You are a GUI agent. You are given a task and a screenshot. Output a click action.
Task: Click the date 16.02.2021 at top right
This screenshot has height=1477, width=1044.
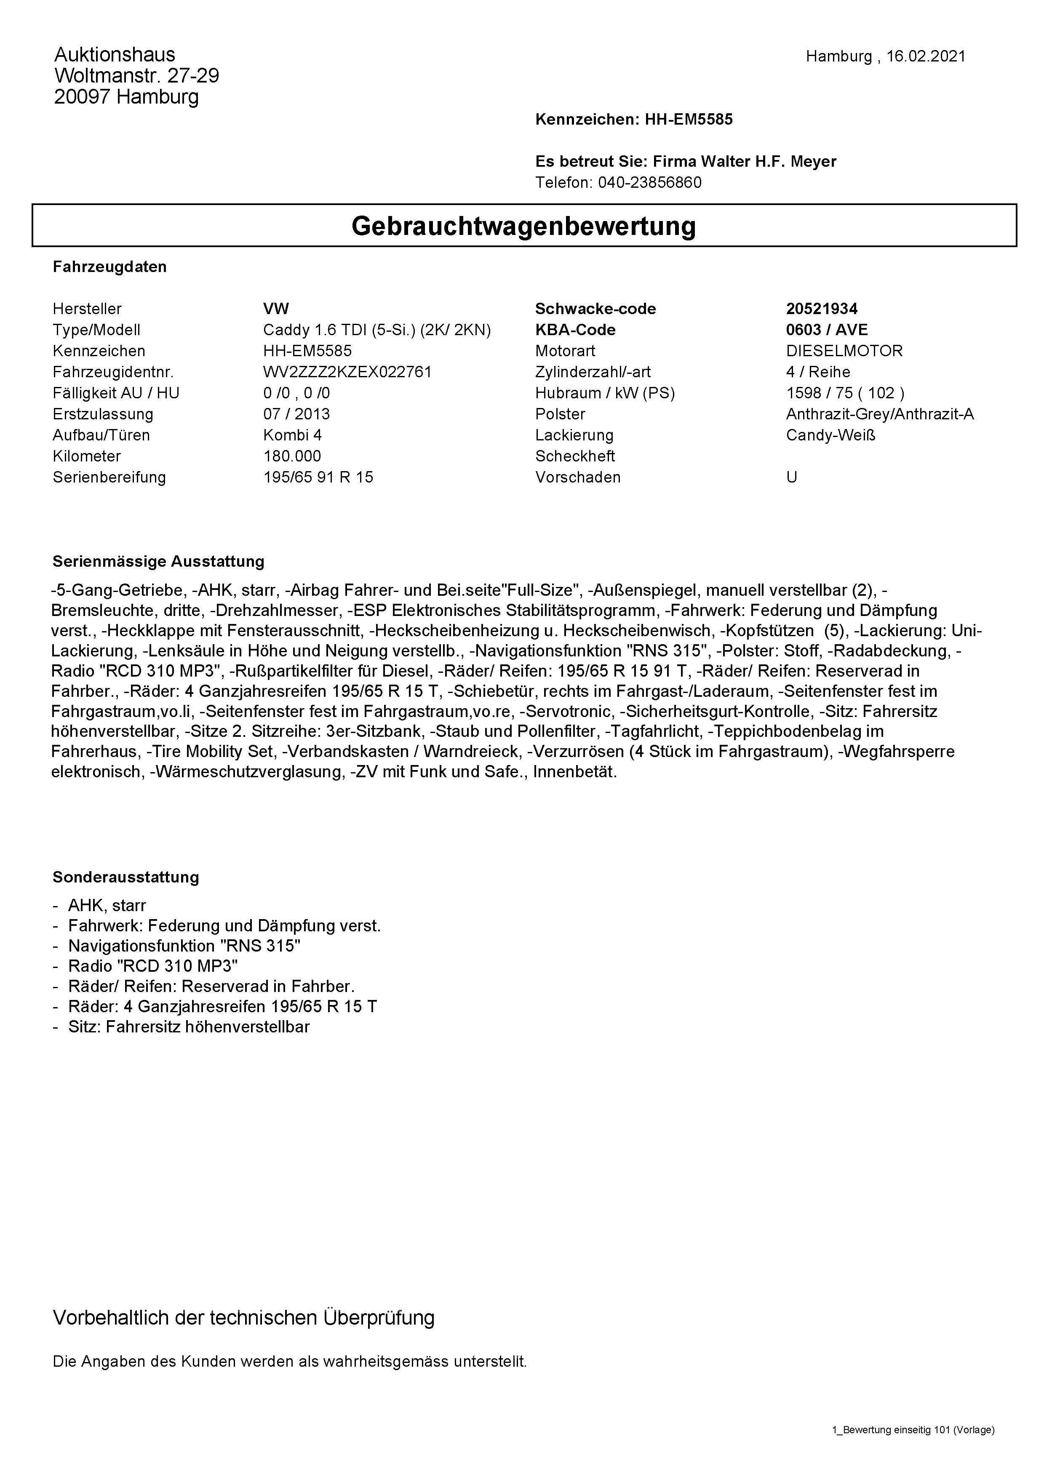pos(926,56)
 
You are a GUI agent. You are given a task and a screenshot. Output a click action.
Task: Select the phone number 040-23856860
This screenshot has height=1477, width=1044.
pos(650,183)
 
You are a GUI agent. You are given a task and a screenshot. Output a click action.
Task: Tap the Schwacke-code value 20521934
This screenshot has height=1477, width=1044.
pos(822,309)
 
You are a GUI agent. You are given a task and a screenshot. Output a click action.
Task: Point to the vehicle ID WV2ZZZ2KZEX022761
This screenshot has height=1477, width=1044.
pos(347,372)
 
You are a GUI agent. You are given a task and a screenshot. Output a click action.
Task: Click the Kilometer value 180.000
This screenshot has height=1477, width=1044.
pos(292,456)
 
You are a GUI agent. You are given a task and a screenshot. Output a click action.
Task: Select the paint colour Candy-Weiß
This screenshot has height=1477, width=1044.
pos(830,435)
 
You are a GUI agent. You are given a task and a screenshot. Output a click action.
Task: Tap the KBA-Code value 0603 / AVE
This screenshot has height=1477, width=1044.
pos(827,330)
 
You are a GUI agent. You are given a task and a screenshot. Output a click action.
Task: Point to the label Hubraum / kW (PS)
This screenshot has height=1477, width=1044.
pos(605,393)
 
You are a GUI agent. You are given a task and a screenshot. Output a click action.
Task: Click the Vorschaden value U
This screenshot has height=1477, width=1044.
pos(791,477)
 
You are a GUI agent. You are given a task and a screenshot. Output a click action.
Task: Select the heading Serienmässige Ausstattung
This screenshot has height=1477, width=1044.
pos(158,562)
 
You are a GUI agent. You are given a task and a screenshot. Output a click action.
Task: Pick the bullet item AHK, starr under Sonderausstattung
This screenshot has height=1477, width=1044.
pos(107,906)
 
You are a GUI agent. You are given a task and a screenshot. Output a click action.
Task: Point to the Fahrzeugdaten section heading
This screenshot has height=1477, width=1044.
pos(109,267)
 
